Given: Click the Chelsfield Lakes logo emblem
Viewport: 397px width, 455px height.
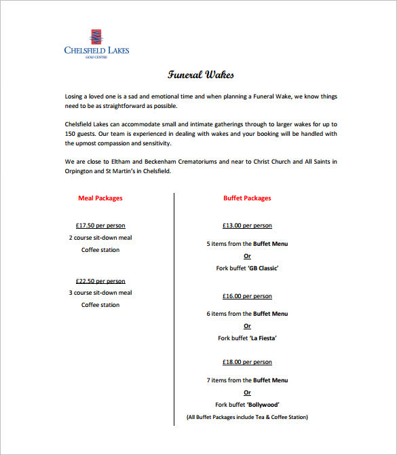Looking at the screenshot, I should tap(96, 37).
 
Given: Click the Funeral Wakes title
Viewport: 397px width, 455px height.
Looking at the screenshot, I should tap(201, 74).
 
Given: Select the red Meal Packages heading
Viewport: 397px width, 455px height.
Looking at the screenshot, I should tap(100, 198).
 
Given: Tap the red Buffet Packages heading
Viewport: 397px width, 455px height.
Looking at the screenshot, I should tap(247, 198).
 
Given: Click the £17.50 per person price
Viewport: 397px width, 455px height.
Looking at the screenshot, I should tap(100, 225).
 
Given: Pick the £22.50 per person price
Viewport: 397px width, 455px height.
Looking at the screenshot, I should tap(100, 281).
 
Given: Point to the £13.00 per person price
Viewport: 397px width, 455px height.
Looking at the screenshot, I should tap(247, 225).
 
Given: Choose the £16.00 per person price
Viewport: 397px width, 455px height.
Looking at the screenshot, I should tap(247, 296).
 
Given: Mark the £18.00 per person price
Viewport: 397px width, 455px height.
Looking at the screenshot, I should tap(247, 362).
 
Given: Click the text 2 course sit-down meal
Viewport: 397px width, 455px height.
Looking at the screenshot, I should tap(100, 238).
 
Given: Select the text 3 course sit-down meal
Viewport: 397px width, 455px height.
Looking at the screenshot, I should tap(100, 293).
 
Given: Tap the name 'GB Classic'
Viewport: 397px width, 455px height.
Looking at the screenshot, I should tap(263, 268).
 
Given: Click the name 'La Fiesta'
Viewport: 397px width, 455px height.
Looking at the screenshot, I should tap(263, 338).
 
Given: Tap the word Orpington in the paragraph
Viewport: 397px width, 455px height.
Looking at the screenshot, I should tap(80, 172).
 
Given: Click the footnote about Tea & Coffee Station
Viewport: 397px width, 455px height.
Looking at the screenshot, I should tap(247, 417).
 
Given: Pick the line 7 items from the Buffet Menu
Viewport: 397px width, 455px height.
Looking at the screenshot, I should tap(247, 380).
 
